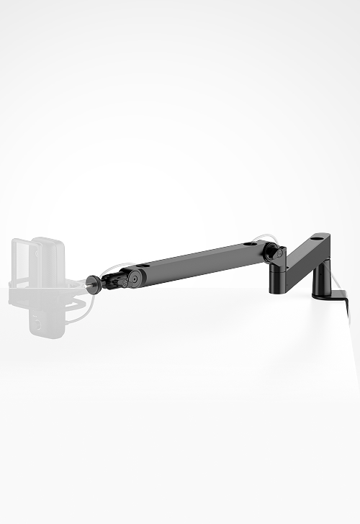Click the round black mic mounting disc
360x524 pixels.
pyautogui.click(x=94, y=282)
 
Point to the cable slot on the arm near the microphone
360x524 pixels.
pyautogui.click(x=143, y=266)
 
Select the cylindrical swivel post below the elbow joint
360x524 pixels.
pyautogui.click(x=276, y=279)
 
